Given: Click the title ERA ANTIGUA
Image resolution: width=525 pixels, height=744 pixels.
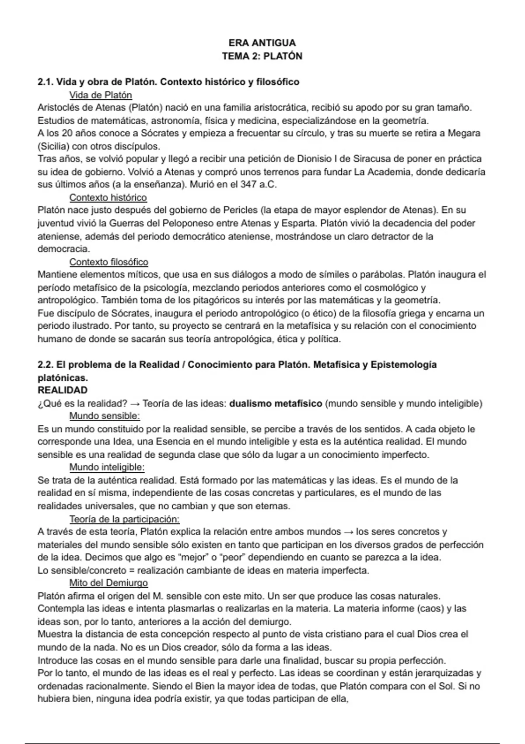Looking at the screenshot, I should tap(262, 43).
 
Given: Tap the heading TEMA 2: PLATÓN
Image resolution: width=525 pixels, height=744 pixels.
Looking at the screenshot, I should tap(262, 56).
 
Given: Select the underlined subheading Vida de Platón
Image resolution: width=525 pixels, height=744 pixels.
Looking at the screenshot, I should tap(101, 95).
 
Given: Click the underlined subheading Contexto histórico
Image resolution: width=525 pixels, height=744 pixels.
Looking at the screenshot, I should tap(108, 197).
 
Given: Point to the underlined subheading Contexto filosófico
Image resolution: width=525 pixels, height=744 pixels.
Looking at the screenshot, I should tap(108, 262).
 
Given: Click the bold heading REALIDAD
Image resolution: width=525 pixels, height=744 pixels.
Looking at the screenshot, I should tap(63, 390).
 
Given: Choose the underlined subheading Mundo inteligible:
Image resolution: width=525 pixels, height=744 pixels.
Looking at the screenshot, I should tap(107, 467).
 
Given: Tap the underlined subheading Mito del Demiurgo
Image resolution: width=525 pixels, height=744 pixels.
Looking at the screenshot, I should tap(108, 583).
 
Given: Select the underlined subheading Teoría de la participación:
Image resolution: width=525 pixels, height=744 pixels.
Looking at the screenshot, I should tap(124, 519).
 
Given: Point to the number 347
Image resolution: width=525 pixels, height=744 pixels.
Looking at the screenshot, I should tap(248, 184).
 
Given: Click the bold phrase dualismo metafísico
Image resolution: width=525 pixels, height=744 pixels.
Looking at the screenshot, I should tap(276, 403).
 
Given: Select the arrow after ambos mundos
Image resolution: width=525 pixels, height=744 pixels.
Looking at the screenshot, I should tap(348, 532).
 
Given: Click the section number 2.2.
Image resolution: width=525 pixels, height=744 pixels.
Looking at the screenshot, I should tap(45, 365).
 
